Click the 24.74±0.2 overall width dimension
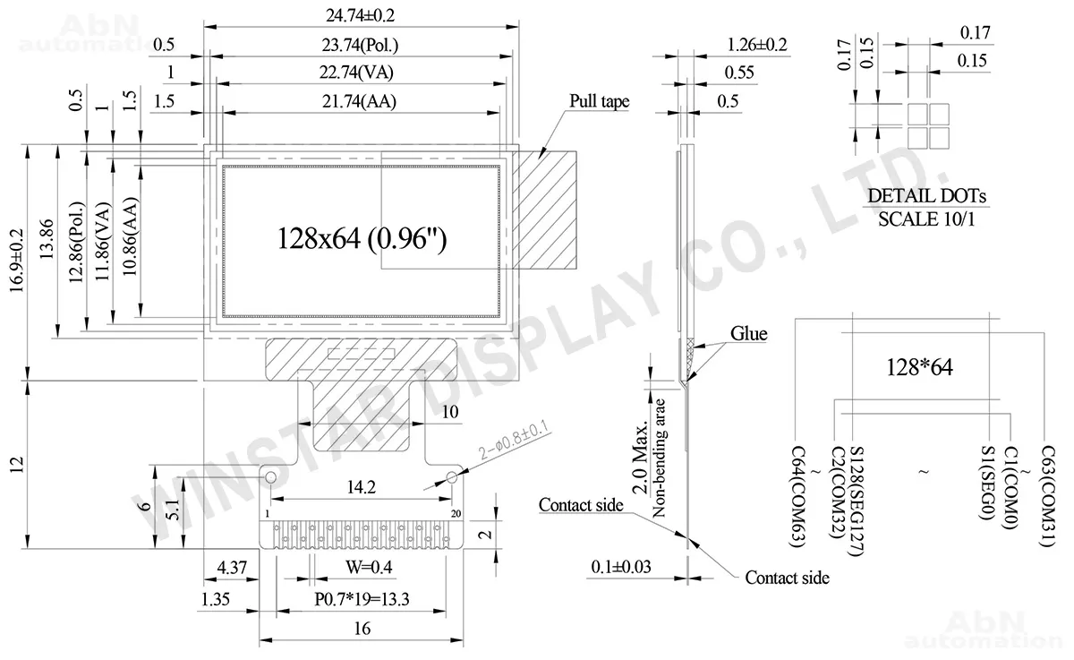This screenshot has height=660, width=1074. (x=360, y=15)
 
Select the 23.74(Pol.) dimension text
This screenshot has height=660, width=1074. (x=360, y=45)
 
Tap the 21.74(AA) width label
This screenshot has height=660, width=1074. (x=359, y=101)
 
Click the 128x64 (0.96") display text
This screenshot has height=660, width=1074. (x=362, y=238)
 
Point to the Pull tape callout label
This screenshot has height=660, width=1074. (x=599, y=101)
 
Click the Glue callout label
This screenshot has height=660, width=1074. (x=748, y=333)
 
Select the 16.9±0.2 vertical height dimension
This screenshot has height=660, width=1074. (x=16, y=261)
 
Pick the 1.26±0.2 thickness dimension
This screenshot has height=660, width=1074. (x=757, y=45)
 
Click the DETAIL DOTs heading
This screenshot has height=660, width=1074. (x=926, y=196)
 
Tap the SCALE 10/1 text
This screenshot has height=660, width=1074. (x=926, y=219)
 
